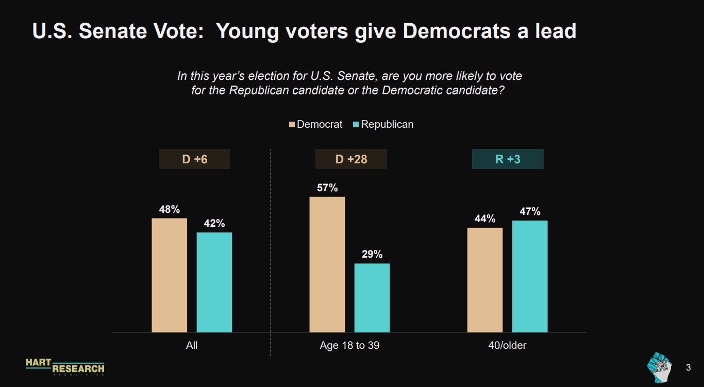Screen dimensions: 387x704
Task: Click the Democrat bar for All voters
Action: (x=170, y=275)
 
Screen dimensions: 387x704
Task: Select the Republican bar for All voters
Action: (x=214, y=282)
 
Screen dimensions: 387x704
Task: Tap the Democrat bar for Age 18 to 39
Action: (x=327, y=264)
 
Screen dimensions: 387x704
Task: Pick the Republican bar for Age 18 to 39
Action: (x=372, y=298)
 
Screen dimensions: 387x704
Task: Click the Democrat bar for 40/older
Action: (x=485, y=280)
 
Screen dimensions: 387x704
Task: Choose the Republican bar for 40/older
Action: (x=530, y=276)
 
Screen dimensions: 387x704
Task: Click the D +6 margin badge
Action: (x=194, y=159)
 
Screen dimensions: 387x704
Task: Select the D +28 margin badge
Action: (x=351, y=159)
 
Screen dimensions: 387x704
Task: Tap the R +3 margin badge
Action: (x=508, y=159)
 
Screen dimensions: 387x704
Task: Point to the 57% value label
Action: (x=327, y=188)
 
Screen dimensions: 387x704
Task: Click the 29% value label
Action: (x=372, y=255)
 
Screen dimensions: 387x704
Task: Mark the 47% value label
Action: (x=530, y=212)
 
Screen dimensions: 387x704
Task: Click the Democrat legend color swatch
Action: (x=292, y=125)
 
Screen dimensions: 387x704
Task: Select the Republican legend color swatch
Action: (x=356, y=125)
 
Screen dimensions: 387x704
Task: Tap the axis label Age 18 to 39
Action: (x=349, y=345)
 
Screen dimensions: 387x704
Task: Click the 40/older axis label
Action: (x=507, y=345)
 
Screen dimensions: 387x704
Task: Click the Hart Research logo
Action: (x=65, y=366)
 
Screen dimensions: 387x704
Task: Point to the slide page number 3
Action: (x=688, y=367)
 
